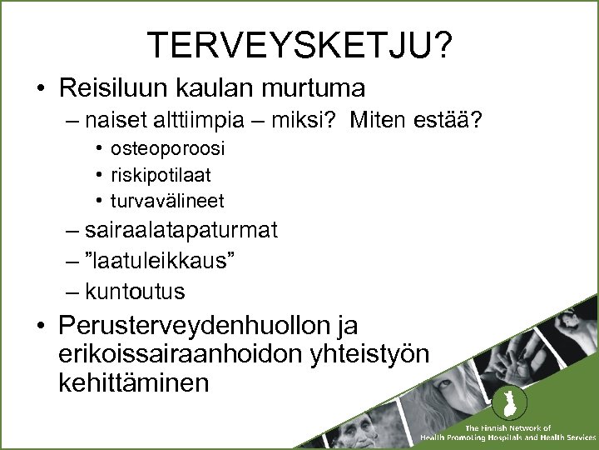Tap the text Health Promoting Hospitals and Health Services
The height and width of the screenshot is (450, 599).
click(508, 437)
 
